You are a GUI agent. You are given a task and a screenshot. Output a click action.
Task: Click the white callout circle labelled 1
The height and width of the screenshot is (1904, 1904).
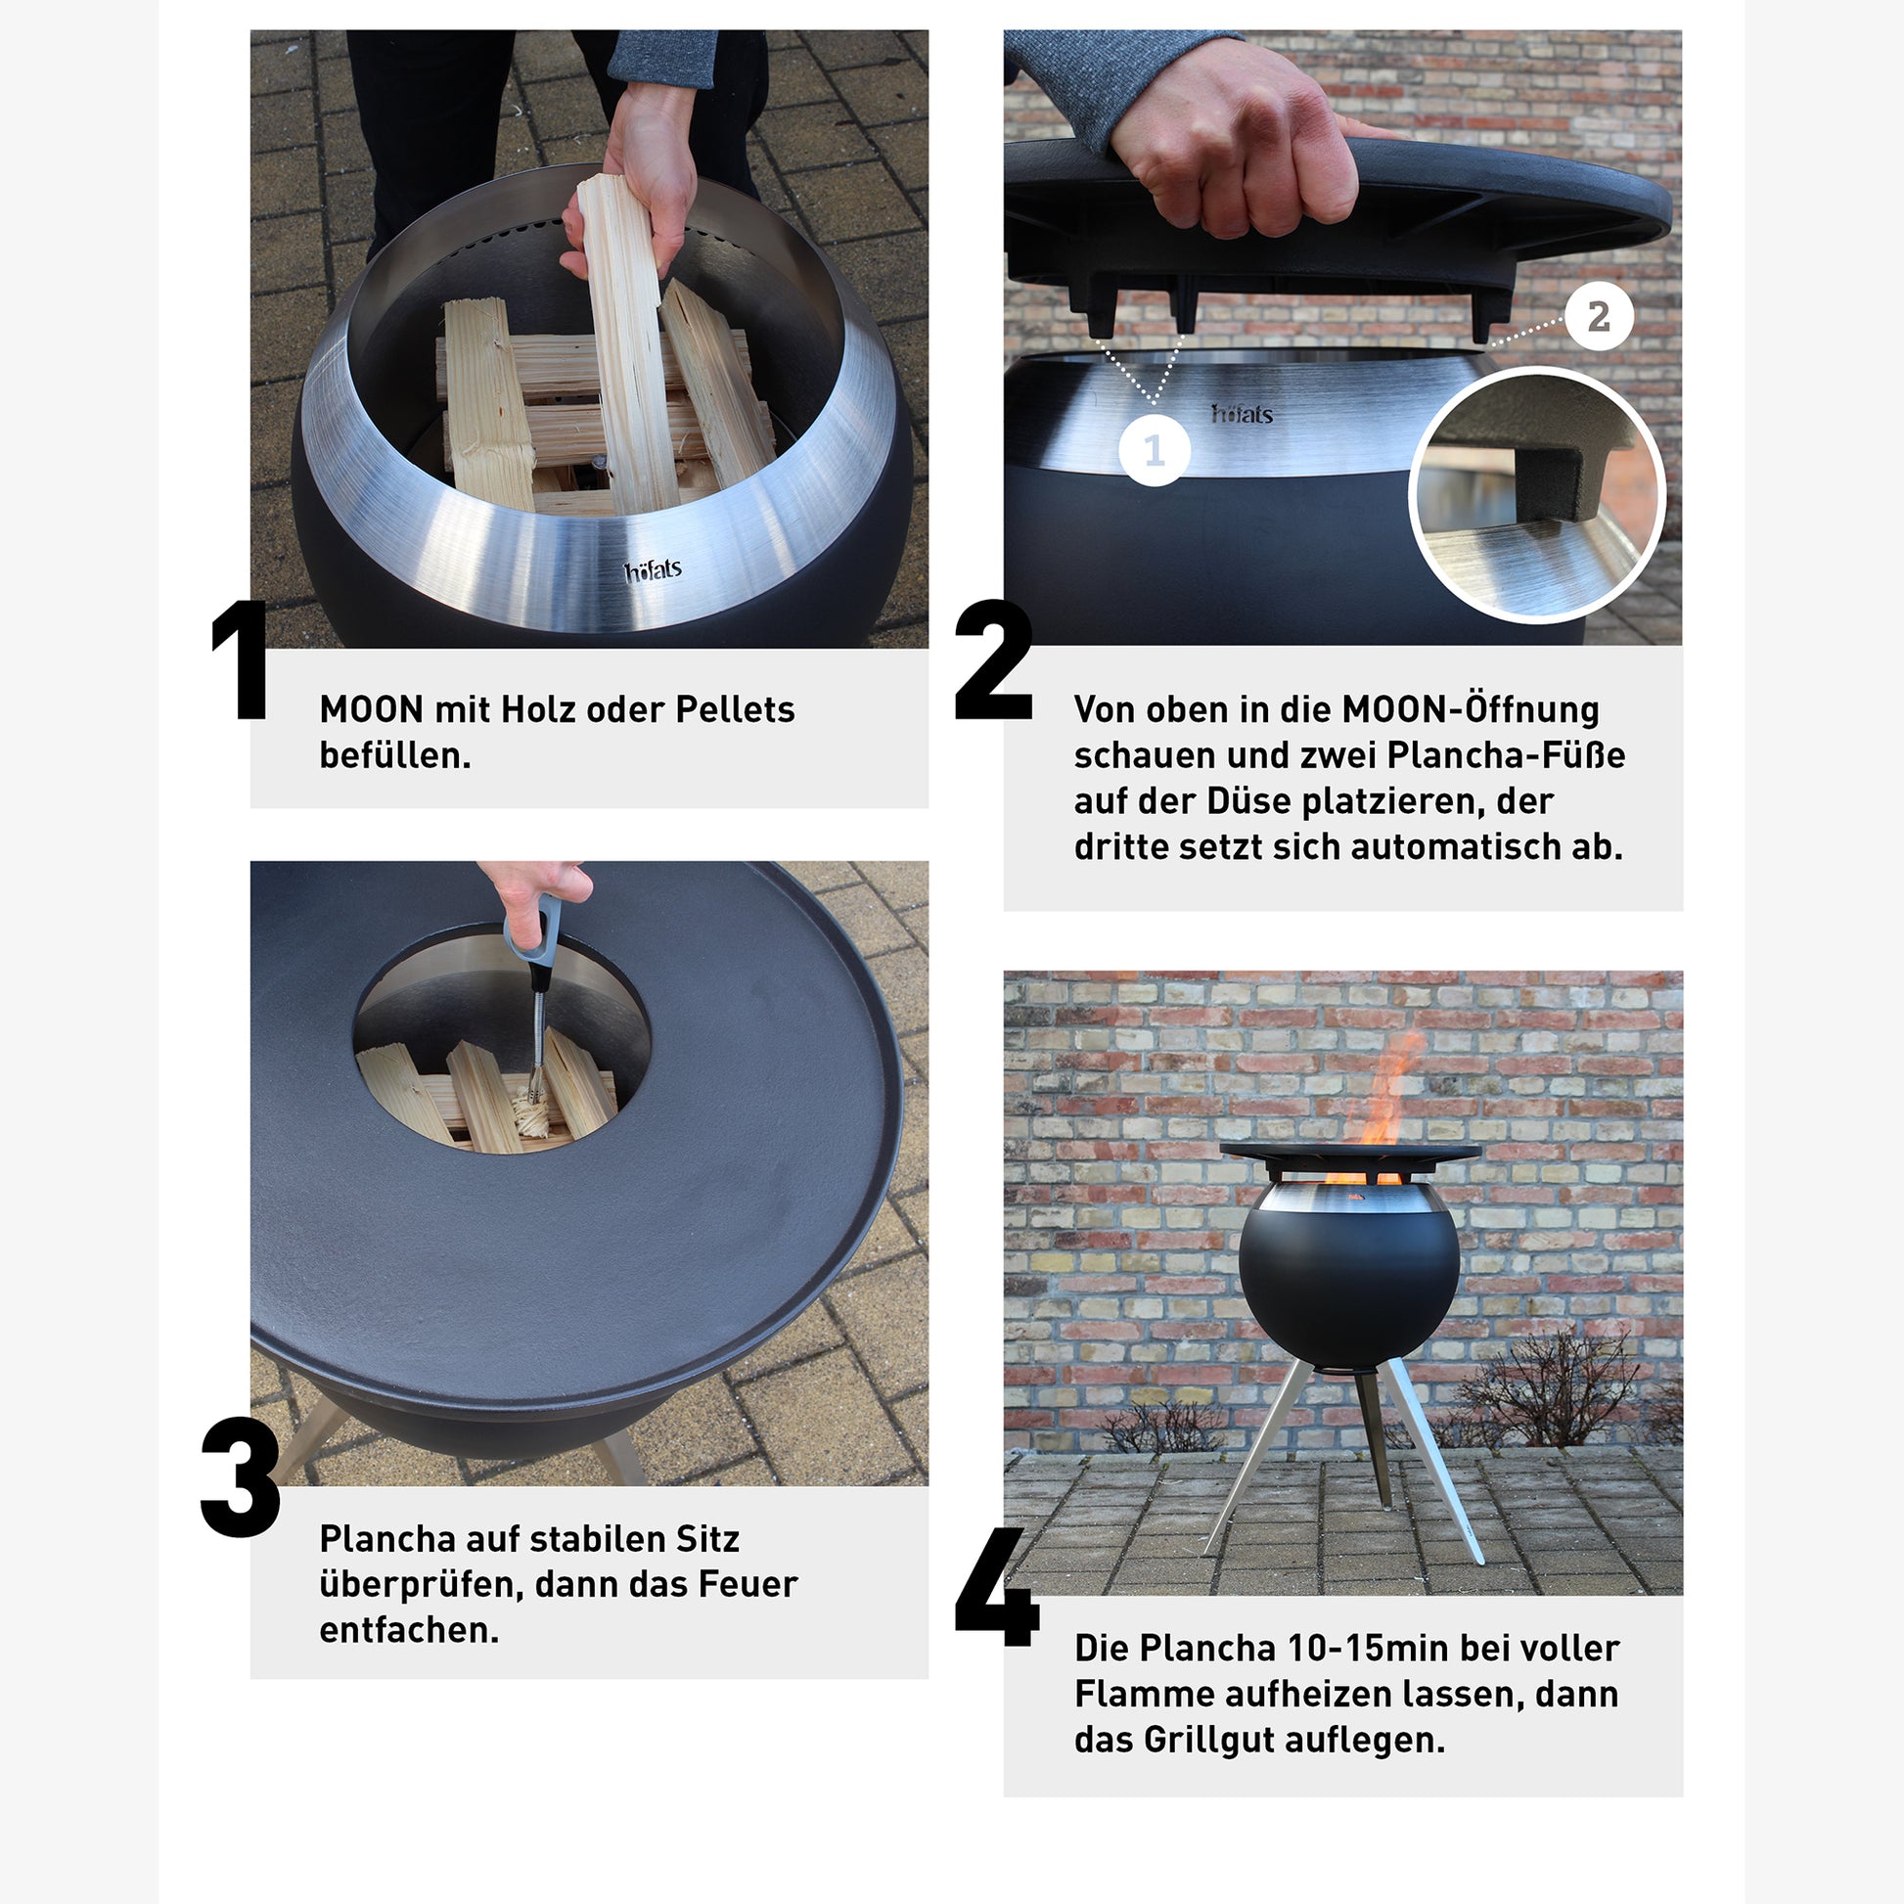click(1154, 450)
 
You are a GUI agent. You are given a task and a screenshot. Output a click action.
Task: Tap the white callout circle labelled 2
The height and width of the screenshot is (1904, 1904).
click(1599, 316)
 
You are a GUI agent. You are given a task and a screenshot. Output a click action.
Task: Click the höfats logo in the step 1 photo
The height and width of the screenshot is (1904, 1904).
click(653, 570)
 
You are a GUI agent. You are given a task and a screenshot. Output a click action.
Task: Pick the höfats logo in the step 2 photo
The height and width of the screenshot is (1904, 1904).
click(1242, 414)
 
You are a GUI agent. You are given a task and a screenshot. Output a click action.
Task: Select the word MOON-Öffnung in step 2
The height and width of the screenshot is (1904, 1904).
click(1471, 708)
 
